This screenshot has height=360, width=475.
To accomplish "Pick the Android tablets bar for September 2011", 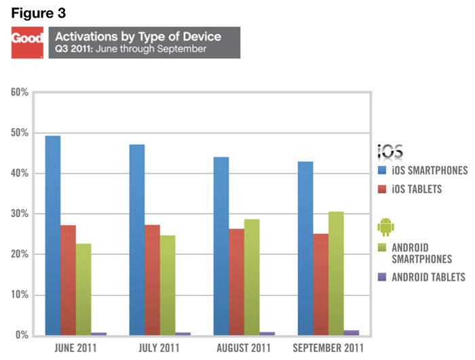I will tap(351, 332).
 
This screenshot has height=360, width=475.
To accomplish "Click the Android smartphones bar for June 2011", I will tap(83, 289).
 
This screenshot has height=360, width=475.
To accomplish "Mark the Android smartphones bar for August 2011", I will tap(251, 277).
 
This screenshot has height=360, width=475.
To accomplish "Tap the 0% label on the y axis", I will tap(22, 336).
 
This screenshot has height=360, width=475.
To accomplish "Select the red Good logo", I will tap(28, 42).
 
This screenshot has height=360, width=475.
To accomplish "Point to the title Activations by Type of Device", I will tap(138, 36).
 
